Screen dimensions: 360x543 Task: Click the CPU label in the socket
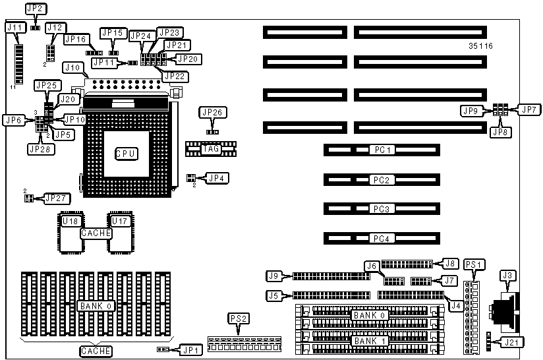click(x=126, y=154)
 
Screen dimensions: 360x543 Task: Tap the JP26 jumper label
click(x=212, y=113)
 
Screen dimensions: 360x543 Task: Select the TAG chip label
click(x=211, y=149)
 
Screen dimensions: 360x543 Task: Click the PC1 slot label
click(x=382, y=150)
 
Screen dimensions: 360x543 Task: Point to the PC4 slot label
click(x=382, y=238)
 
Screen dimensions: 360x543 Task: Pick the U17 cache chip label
click(x=119, y=220)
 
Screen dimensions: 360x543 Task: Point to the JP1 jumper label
click(x=190, y=349)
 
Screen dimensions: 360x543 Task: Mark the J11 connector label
click(x=14, y=28)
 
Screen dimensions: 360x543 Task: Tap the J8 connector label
click(x=450, y=263)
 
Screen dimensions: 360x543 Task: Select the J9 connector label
click(x=275, y=276)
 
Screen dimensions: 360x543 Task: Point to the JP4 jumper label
click(x=215, y=177)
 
